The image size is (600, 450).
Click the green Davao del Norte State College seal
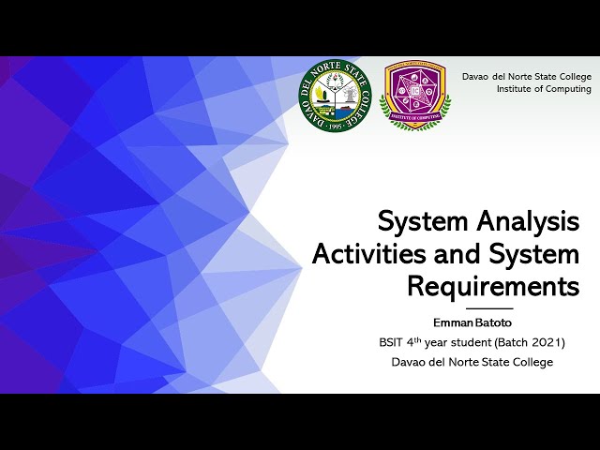(329, 96)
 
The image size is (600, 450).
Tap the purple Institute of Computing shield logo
(414, 96)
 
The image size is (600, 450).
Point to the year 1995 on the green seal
(329, 125)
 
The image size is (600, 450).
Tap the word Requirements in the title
(493, 286)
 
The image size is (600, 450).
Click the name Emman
(452, 322)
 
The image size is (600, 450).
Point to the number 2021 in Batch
(544, 342)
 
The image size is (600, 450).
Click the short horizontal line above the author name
(489, 308)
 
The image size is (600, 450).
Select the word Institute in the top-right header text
(517, 89)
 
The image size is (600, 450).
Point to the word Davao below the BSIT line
(411, 362)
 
